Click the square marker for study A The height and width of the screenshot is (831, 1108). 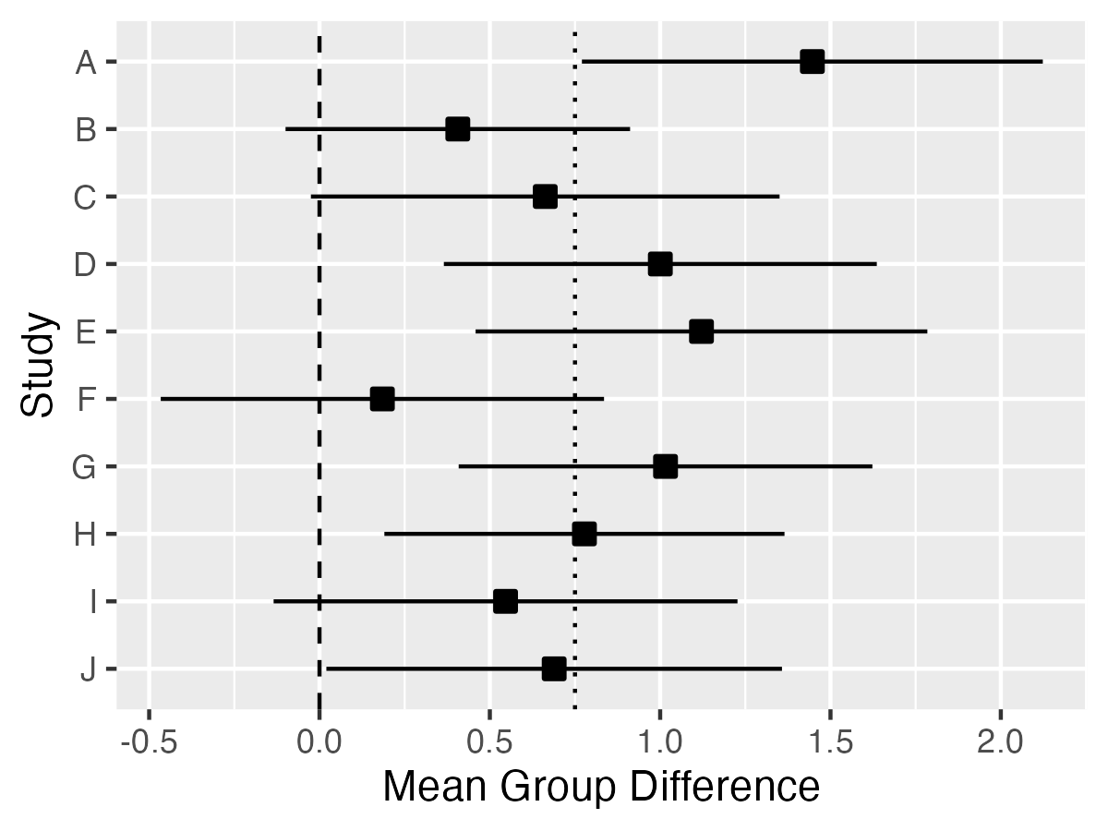[812, 62]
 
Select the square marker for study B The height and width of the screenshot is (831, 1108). [457, 129]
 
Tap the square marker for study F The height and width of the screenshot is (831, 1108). [382, 399]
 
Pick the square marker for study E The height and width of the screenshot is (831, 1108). [702, 331]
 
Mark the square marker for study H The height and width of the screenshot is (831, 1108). [584, 534]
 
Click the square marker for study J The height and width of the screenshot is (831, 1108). [554, 668]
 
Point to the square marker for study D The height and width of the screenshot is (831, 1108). [659, 264]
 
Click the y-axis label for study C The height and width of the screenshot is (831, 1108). [85, 198]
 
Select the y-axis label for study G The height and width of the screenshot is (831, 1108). [85, 467]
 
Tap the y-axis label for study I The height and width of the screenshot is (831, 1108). [90, 602]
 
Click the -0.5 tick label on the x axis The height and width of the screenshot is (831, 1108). [148, 741]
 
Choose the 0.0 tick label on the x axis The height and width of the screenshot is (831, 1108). [319, 741]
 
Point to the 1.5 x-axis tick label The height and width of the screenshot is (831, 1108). [830, 741]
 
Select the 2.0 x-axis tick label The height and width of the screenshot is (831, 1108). [1000, 741]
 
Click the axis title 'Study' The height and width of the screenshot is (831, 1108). [39, 366]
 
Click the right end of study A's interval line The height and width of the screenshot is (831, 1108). [1042, 62]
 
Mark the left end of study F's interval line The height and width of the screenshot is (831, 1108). [162, 399]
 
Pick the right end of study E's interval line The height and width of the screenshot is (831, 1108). [926, 331]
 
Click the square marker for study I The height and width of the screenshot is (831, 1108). [505, 601]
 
